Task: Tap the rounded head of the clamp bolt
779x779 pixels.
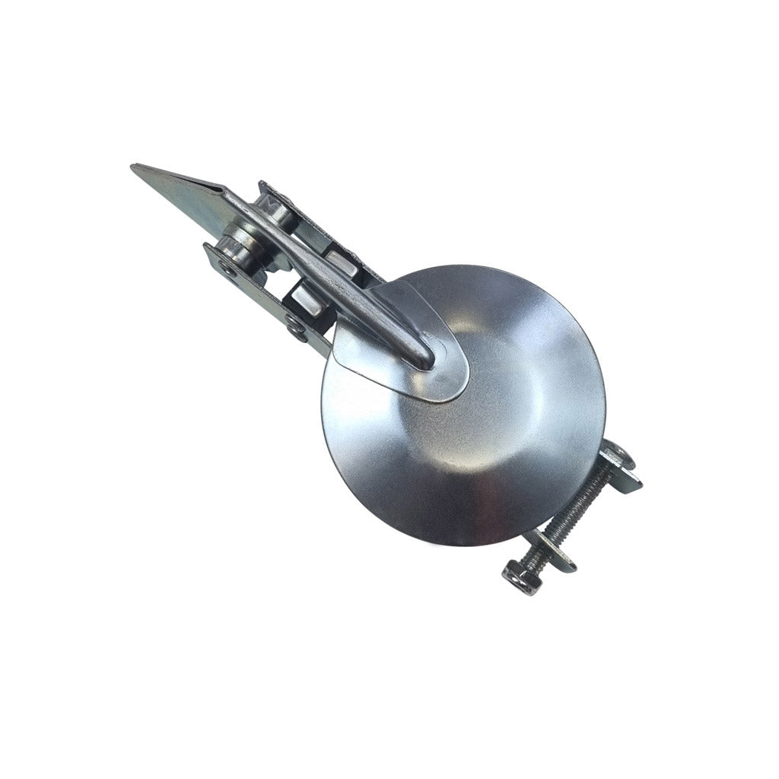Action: (617, 454)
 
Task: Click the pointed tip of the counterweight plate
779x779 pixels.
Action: (135, 168)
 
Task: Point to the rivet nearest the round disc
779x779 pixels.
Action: (296, 326)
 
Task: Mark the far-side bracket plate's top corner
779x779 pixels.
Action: (262, 185)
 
